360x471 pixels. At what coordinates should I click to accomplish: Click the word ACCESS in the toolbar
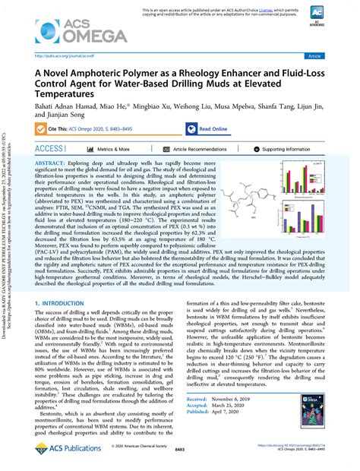(50, 150)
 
